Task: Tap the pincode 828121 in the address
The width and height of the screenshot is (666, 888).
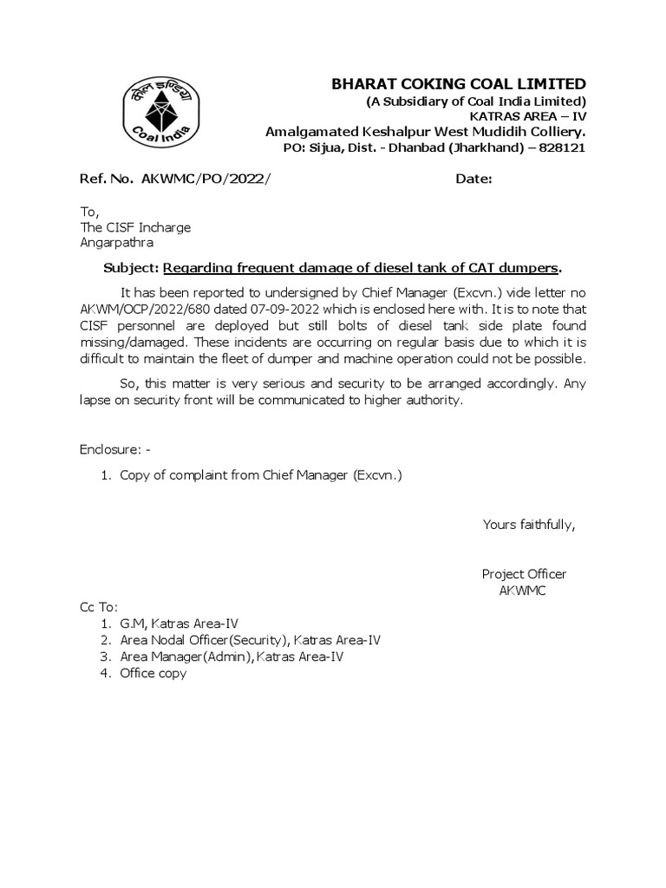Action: point(564,148)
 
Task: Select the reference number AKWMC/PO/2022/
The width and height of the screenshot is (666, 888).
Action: point(199,179)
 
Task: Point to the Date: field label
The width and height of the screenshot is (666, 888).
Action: point(474,179)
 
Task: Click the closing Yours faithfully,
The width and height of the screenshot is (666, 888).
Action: point(529,524)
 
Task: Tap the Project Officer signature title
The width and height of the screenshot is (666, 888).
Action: point(524,574)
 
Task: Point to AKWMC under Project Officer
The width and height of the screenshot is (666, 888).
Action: point(522,591)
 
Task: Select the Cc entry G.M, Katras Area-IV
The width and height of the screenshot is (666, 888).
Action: point(179,624)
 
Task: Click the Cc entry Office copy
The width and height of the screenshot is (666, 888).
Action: point(153,673)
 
